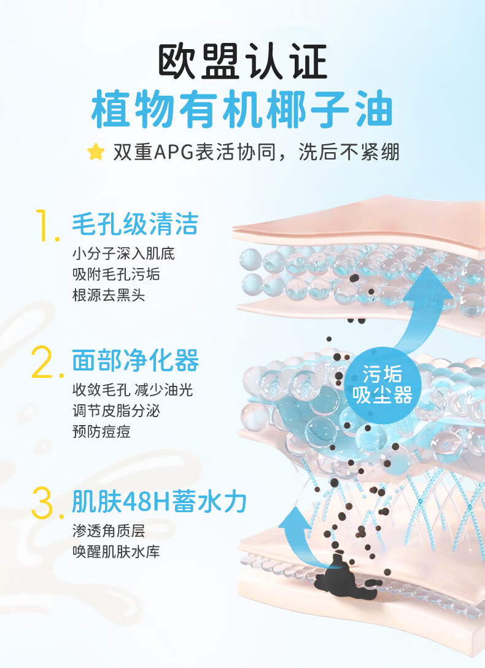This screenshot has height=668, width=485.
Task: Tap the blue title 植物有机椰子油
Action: (x=243, y=110)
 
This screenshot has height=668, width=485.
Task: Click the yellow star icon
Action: (x=95, y=152)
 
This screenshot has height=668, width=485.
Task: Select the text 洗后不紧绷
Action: (x=349, y=152)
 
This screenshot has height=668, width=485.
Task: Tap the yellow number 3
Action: (x=47, y=502)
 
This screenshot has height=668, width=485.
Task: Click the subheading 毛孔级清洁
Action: (x=135, y=224)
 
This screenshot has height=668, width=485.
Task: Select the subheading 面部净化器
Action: (x=135, y=361)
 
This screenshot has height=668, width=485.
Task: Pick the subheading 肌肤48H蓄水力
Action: (x=159, y=502)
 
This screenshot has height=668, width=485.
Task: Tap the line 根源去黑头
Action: (x=108, y=295)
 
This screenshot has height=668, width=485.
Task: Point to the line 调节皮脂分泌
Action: (x=116, y=411)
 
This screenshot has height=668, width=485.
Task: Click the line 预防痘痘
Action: (x=101, y=432)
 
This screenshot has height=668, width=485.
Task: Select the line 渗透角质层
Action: (x=108, y=531)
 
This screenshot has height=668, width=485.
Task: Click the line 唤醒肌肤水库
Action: (x=116, y=551)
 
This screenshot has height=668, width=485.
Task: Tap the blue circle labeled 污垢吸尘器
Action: (x=387, y=384)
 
